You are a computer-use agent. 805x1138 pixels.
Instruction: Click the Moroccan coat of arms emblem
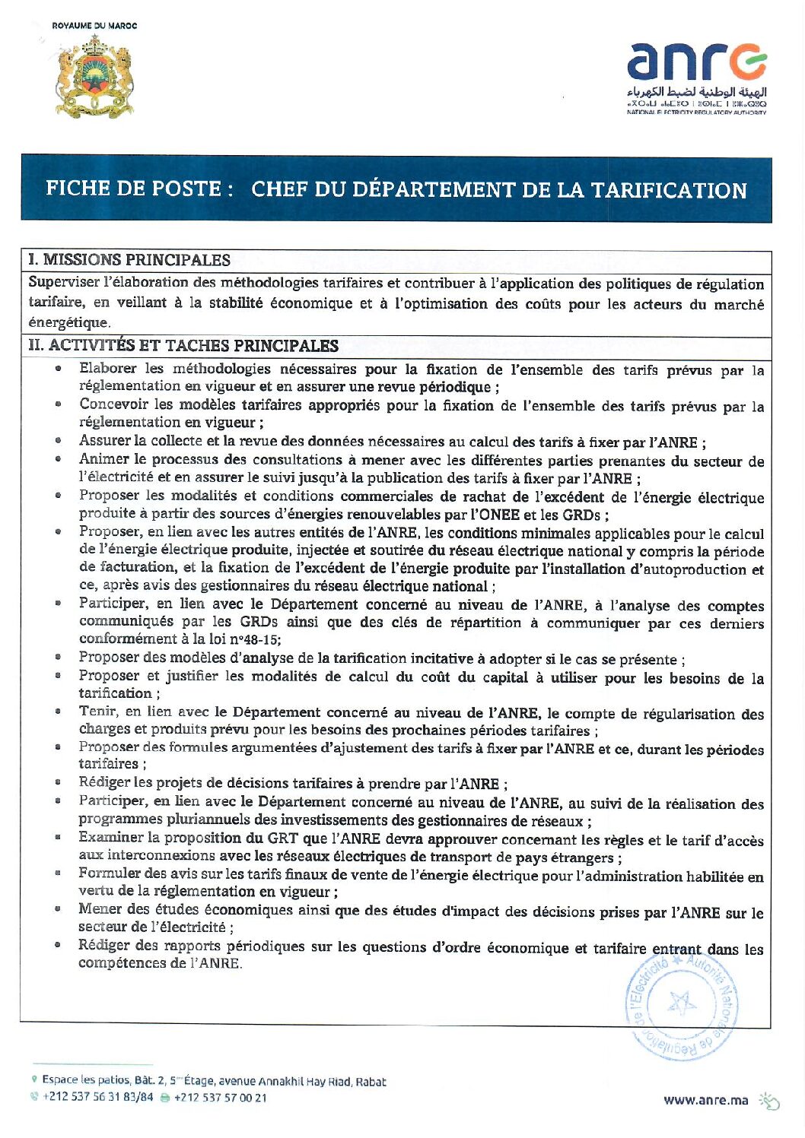point(94,77)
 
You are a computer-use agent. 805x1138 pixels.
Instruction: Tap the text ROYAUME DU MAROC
point(94,26)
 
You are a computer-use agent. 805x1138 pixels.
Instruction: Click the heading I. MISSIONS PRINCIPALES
point(129,260)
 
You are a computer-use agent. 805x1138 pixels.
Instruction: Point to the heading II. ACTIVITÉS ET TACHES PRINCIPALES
point(183,346)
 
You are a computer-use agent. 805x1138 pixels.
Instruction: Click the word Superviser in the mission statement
point(64,283)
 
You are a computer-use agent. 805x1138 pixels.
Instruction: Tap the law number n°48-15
point(254,640)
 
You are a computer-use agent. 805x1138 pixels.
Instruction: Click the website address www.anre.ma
point(705,1099)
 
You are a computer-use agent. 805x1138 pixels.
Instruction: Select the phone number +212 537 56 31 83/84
point(97,1097)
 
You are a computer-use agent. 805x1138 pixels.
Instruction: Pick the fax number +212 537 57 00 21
point(221,1097)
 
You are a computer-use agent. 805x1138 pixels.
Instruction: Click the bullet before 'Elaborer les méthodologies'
point(58,369)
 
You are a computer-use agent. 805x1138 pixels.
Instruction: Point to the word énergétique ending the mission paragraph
point(68,323)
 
